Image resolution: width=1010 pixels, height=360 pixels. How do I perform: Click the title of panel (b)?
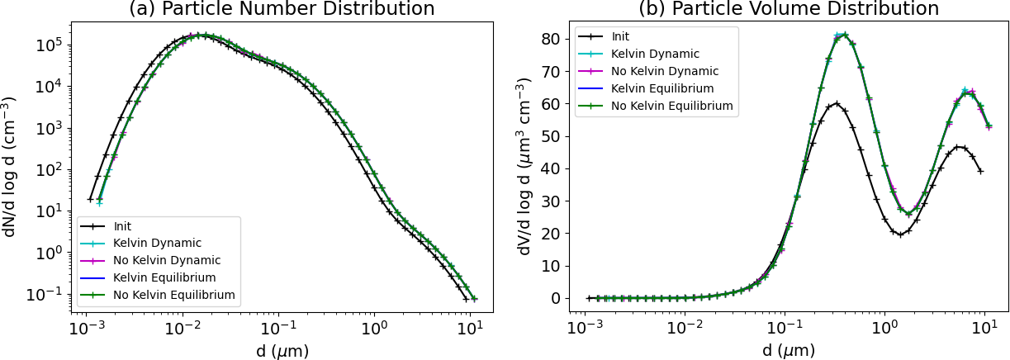click(x=789, y=9)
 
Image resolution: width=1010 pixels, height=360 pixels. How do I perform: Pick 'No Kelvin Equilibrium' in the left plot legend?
click(x=174, y=295)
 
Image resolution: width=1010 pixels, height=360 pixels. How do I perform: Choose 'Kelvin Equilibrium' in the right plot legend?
click(x=662, y=88)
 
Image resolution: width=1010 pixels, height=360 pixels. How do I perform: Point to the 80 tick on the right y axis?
click(x=553, y=39)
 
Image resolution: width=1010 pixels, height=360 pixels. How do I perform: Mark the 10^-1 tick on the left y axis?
click(x=47, y=294)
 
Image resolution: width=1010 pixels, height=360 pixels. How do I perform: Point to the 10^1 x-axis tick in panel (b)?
click(x=984, y=328)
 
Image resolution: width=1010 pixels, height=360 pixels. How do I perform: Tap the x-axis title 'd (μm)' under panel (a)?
click(x=282, y=350)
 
